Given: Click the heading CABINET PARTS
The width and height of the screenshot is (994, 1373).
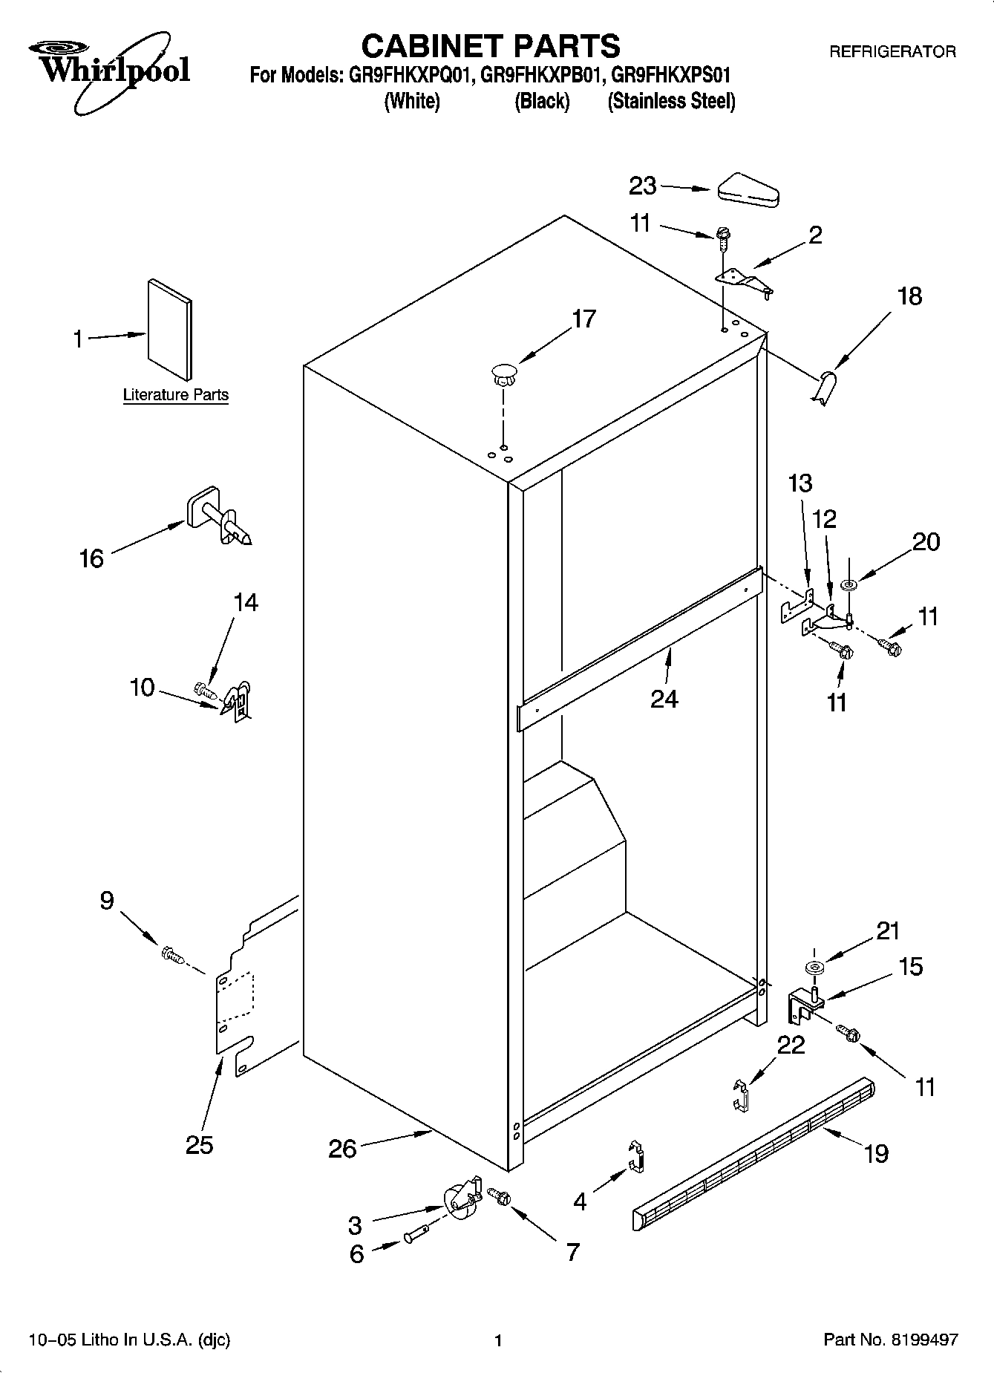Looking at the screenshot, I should [x=490, y=46].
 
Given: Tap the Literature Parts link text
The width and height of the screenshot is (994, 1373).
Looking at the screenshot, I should [x=175, y=395].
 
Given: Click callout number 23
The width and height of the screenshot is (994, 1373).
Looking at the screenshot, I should [x=642, y=186].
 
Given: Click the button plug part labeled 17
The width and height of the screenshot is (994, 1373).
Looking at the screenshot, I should [x=503, y=374].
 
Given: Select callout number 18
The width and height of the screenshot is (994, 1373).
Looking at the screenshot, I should [x=909, y=296].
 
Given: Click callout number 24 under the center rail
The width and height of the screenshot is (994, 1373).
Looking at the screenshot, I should [x=664, y=699].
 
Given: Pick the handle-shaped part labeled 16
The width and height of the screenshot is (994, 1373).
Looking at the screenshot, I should [x=219, y=517].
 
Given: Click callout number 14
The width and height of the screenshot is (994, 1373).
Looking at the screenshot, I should [x=246, y=602].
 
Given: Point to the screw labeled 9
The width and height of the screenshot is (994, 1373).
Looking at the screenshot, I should [x=171, y=954].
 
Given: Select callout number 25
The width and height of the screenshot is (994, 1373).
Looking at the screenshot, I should [x=199, y=1145].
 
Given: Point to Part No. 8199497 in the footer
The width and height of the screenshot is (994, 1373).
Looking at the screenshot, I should [x=891, y=1340].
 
